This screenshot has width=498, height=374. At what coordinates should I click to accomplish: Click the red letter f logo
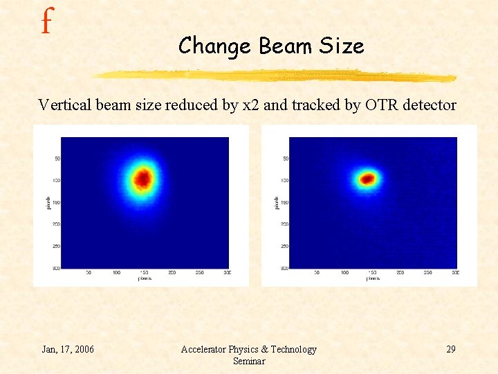point(46,22)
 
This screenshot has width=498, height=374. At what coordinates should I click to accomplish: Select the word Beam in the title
point(286,46)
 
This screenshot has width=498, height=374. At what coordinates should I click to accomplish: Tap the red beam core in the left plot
point(142,179)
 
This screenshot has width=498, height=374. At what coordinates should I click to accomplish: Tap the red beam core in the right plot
point(367,179)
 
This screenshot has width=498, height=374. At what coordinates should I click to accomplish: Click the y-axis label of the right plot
point(277,202)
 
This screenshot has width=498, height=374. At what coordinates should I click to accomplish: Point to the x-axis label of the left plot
point(145,278)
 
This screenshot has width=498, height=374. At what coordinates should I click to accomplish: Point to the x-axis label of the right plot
point(373,278)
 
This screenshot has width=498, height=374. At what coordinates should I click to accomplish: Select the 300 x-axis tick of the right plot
point(455,273)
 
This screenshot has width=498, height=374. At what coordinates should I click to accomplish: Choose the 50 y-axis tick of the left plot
point(57,159)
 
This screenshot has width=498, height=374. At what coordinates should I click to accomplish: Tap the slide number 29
point(450,349)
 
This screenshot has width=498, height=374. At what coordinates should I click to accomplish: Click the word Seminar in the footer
point(248,361)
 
